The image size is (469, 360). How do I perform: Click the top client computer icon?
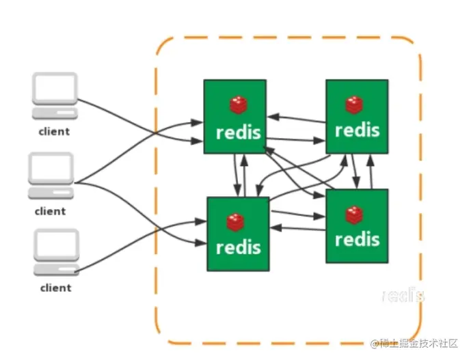(55, 96)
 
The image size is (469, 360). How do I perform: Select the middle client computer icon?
(51, 176)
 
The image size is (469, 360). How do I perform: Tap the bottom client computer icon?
(56, 252)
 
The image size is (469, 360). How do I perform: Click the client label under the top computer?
(54, 131)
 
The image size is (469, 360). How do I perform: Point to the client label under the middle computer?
(51, 212)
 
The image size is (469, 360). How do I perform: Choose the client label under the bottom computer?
(56, 288)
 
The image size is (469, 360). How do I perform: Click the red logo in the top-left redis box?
(239, 105)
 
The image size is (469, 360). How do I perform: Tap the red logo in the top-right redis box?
(354, 105)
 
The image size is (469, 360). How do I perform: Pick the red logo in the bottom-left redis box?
(235, 222)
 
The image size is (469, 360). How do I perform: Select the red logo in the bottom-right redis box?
(354, 215)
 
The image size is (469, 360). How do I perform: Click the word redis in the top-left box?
(239, 133)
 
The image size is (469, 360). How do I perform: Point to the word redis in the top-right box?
(358, 130)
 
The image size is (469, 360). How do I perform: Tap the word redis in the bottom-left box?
(239, 247)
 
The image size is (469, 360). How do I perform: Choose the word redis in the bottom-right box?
(358, 240)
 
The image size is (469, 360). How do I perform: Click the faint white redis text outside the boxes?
(403, 295)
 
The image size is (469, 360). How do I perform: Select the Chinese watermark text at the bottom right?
(414, 344)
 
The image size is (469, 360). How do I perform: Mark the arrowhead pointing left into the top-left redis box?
(273, 117)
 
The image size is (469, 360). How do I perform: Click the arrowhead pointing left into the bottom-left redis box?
(276, 227)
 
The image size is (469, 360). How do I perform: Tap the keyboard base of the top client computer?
(55, 113)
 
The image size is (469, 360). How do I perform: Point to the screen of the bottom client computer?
(57, 243)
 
